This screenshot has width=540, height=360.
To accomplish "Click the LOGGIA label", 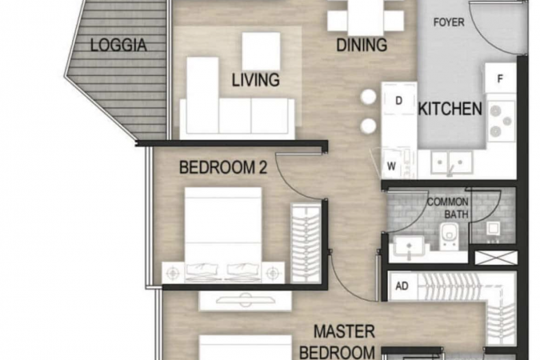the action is [x=118, y=45].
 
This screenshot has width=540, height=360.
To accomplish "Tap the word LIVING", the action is [x=255, y=79].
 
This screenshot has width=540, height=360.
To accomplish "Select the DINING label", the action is [x=362, y=45].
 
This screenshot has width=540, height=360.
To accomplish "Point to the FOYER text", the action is [x=449, y=22].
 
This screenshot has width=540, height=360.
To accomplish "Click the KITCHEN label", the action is [x=450, y=109].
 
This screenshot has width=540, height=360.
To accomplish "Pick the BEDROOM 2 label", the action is [x=223, y=167].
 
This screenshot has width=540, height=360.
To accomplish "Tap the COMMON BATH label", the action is [x=448, y=208].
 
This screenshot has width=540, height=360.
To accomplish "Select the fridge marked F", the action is [x=500, y=78].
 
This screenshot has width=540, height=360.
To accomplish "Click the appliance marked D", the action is [x=399, y=100].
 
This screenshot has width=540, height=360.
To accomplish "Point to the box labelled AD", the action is [x=402, y=286].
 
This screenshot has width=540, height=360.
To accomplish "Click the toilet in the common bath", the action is [x=449, y=236].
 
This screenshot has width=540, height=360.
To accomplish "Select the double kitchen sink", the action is [x=451, y=162].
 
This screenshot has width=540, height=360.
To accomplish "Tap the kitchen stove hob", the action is [x=502, y=122].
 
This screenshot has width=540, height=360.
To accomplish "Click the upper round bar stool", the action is [x=368, y=97].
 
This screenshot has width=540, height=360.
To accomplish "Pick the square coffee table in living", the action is [x=261, y=52].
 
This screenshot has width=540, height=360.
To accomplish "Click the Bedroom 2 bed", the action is [x=223, y=234].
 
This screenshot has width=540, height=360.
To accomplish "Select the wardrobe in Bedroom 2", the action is [x=306, y=243].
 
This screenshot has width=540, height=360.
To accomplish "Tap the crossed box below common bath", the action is [x=496, y=258].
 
